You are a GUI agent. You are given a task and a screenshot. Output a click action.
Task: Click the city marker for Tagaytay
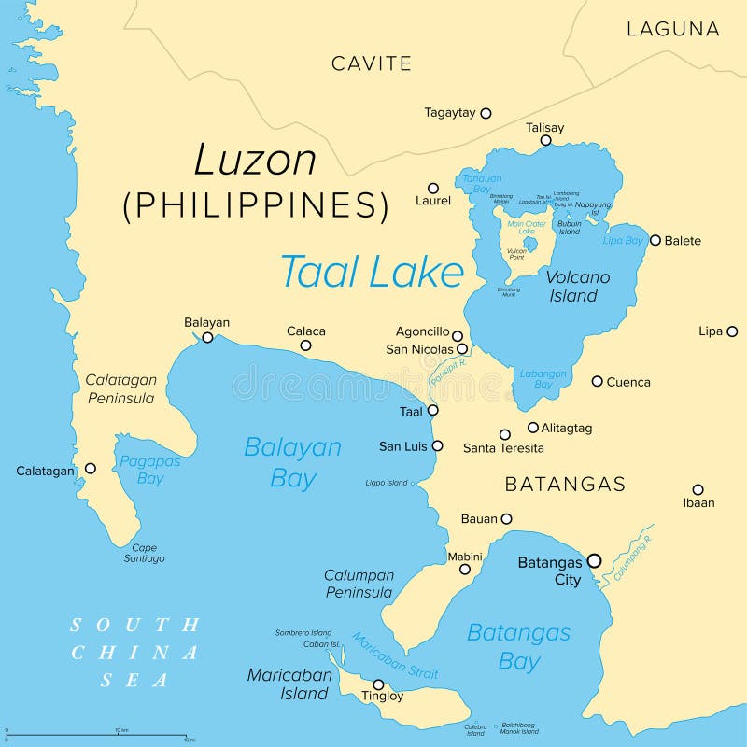click(486, 113)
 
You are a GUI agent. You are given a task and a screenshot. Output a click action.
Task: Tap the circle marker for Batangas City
click(595, 561)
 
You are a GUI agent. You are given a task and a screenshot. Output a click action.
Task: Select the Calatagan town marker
click(91, 469)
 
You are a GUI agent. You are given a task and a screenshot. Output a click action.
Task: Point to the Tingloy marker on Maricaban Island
click(378, 684)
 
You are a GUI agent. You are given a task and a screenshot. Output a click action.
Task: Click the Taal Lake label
click(372, 272)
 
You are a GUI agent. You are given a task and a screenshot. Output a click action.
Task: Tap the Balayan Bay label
click(292, 462)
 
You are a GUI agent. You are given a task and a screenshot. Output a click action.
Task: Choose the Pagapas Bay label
click(149, 470)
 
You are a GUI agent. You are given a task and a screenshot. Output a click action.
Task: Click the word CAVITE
click(371, 63)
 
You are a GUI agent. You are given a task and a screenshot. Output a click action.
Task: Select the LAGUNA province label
click(672, 29)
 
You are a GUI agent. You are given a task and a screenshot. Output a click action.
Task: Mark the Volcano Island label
click(577, 287)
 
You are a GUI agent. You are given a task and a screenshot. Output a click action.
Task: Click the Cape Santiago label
click(144, 553)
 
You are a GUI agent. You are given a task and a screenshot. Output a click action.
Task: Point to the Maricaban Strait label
click(394, 656)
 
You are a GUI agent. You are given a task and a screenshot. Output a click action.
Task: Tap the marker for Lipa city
click(732, 331)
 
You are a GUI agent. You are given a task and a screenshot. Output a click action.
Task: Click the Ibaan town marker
click(698, 489)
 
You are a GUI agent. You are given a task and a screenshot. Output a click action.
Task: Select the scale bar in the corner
click(98, 735)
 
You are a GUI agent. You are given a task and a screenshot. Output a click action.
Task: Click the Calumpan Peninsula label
click(359, 584)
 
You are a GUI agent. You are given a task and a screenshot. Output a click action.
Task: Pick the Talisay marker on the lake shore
click(546, 141)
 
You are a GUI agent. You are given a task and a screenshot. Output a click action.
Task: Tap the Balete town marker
click(655, 240)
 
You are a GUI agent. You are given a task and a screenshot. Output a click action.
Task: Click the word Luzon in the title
click(255, 161)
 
